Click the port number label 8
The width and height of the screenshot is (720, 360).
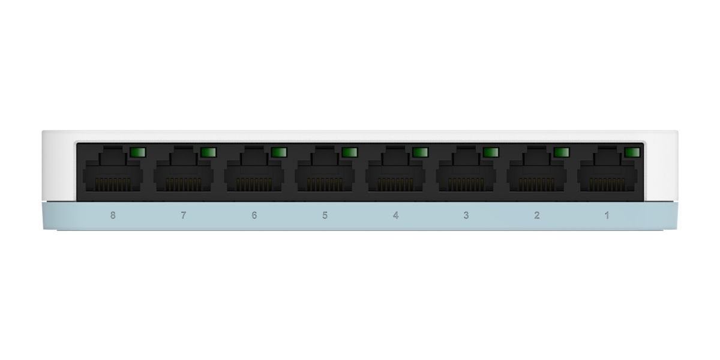pos(113,215)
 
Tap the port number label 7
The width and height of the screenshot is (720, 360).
pos(184,215)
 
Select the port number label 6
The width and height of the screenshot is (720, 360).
pos(254,215)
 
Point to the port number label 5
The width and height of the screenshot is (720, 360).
pos(325,215)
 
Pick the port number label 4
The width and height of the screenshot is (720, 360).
pos(395,215)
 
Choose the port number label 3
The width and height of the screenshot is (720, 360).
pos(466,215)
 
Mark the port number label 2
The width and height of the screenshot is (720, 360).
pos(536,215)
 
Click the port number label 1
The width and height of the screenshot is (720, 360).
pos(607,215)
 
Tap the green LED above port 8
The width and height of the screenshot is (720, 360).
pos(137,152)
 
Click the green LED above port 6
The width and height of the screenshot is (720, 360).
pos(278,152)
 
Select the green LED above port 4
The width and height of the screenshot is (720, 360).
pos(420,152)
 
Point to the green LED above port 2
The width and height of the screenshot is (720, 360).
pos(561,152)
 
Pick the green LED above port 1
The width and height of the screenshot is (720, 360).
pos(632,152)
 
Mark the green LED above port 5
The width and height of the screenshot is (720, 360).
pos(349,152)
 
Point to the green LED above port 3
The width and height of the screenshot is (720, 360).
pos(491,152)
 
